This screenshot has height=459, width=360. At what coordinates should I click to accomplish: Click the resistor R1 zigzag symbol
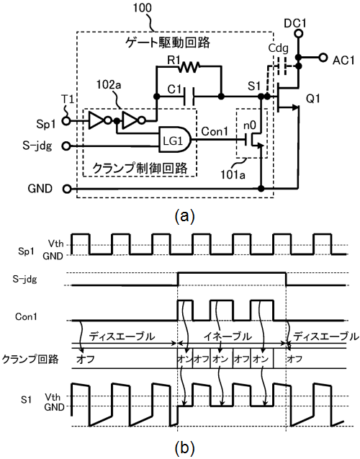(189, 67)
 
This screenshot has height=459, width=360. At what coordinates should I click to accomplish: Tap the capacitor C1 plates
(189, 97)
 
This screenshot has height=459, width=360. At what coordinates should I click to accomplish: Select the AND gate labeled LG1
(174, 139)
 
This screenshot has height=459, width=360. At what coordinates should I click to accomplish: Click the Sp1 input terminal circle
(67, 120)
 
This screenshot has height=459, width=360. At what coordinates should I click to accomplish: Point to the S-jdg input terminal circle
(67, 146)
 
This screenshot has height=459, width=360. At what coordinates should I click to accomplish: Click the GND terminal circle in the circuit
(67, 189)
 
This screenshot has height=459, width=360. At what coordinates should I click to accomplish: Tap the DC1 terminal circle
(298, 34)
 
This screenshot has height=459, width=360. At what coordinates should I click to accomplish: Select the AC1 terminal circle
(323, 58)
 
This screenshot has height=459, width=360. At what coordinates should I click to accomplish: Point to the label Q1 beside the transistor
(313, 99)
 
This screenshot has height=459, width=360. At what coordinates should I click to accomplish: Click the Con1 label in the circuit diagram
(215, 131)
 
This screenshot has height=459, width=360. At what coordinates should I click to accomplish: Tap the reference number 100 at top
(143, 8)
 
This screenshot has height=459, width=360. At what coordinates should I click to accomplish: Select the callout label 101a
(233, 175)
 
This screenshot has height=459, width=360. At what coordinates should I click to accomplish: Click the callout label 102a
(109, 85)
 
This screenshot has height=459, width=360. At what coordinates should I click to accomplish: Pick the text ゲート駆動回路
(168, 43)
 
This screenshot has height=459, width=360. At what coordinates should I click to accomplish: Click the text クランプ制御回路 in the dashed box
(140, 169)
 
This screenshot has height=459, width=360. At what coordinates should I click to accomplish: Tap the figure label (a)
(184, 216)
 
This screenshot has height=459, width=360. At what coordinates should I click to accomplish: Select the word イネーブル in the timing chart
(228, 337)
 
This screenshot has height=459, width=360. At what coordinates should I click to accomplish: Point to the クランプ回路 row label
(30, 359)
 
